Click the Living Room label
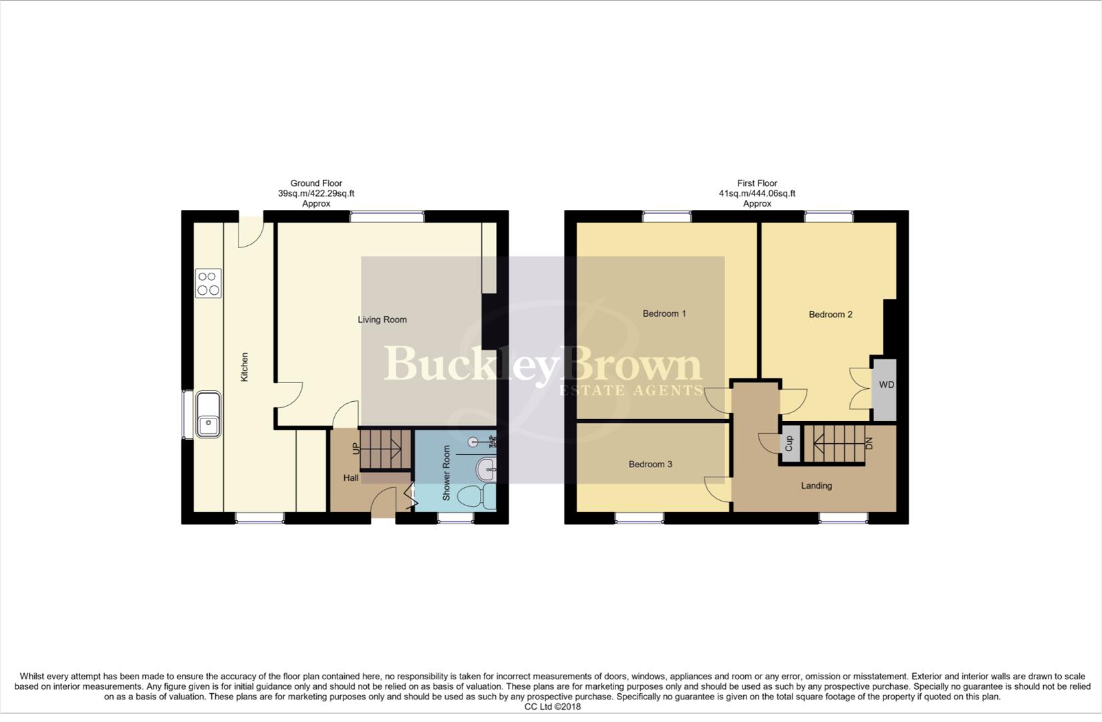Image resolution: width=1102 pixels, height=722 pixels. [x=382, y=320]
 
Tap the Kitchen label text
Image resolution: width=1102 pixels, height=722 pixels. [x=245, y=367]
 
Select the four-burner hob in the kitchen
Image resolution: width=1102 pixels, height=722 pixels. [x=208, y=283]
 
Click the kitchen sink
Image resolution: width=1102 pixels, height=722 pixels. [x=209, y=414]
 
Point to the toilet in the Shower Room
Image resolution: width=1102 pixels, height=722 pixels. [x=478, y=497]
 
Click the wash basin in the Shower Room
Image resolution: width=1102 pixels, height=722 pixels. [x=487, y=469]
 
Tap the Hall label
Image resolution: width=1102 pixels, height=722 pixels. [x=351, y=478]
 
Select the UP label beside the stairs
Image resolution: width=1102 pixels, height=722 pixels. [x=356, y=448]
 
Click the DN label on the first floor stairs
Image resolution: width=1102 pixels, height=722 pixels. [x=869, y=443]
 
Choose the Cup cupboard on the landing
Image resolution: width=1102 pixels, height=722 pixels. [x=789, y=443]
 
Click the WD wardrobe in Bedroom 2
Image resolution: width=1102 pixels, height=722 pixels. [x=886, y=385]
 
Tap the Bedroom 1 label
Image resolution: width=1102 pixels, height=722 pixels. [x=664, y=314]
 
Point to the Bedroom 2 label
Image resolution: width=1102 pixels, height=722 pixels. [x=831, y=314]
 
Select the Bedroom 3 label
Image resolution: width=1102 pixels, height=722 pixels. [x=650, y=464]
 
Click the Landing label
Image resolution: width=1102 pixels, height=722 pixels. [x=817, y=486]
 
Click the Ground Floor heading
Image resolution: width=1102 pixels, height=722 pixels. [x=316, y=183]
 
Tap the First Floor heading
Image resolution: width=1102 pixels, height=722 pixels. [x=757, y=183]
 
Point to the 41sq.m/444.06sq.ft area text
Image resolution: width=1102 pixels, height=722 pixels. [x=757, y=194]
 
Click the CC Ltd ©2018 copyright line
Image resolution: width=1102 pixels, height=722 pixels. [x=553, y=707]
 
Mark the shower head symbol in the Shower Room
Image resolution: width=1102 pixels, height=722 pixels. [x=474, y=442]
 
